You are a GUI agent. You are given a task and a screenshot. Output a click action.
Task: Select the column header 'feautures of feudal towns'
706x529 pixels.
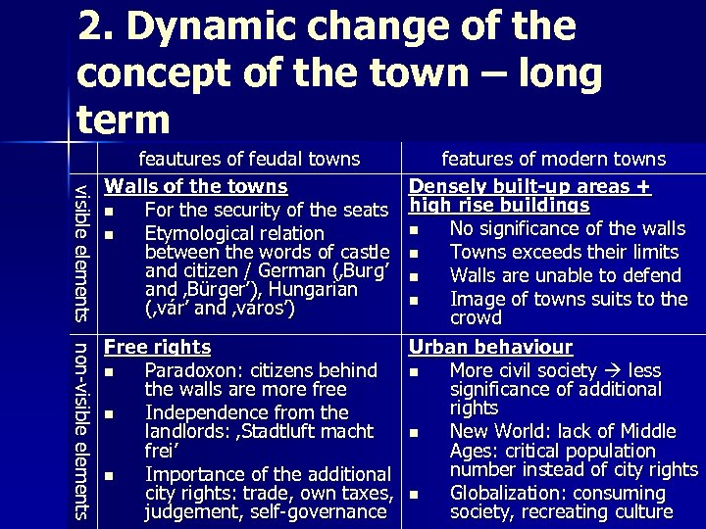(249, 159)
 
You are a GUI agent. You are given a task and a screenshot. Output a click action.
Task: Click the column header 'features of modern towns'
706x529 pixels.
(553, 159)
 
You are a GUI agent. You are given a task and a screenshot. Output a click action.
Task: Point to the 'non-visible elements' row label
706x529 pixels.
(83, 429)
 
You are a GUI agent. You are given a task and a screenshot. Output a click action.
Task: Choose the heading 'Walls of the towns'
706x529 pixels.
(196, 186)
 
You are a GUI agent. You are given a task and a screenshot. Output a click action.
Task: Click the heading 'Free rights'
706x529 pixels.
(158, 347)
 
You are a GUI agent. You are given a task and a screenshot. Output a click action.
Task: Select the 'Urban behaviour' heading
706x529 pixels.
(490, 347)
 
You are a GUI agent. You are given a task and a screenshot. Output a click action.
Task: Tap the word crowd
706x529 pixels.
(476, 317)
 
